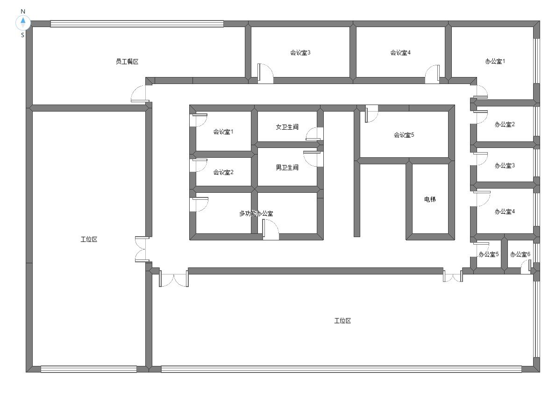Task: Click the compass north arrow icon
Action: pyautogui.click(x=23, y=23)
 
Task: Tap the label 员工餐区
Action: pyautogui.click(x=127, y=62)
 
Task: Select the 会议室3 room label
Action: pyautogui.click(x=300, y=53)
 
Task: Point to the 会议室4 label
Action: pyautogui.click(x=400, y=53)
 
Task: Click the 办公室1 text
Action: pyautogui.click(x=495, y=61)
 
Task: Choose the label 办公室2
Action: pyautogui.click(x=505, y=124)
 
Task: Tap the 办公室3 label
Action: pyautogui.click(x=505, y=166)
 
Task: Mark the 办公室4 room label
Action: pyautogui.click(x=505, y=211)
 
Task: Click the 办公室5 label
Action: pyautogui.click(x=489, y=254)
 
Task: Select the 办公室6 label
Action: pyautogui.click(x=520, y=254)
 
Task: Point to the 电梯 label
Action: pyautogui.click(x=430, y=199)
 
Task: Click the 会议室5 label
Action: pyautogui.click(x=404, y=135)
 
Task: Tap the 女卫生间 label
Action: pyautogui.click(x=287, y=127)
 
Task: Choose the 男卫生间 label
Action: pyautogui.click(x=287, y=168)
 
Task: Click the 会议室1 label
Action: pyautogui.click(x=223, y=132)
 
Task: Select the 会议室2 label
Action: pyautogui.click(x=223, y=172)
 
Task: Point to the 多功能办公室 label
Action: pyautogui.click(x=256, y=213)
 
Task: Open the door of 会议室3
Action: pyautogui.click(x=265, y=74)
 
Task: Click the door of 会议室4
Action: pyautogui.click(x=432, y=74)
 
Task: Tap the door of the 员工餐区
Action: pyautogui.click(x=139, y=94)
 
